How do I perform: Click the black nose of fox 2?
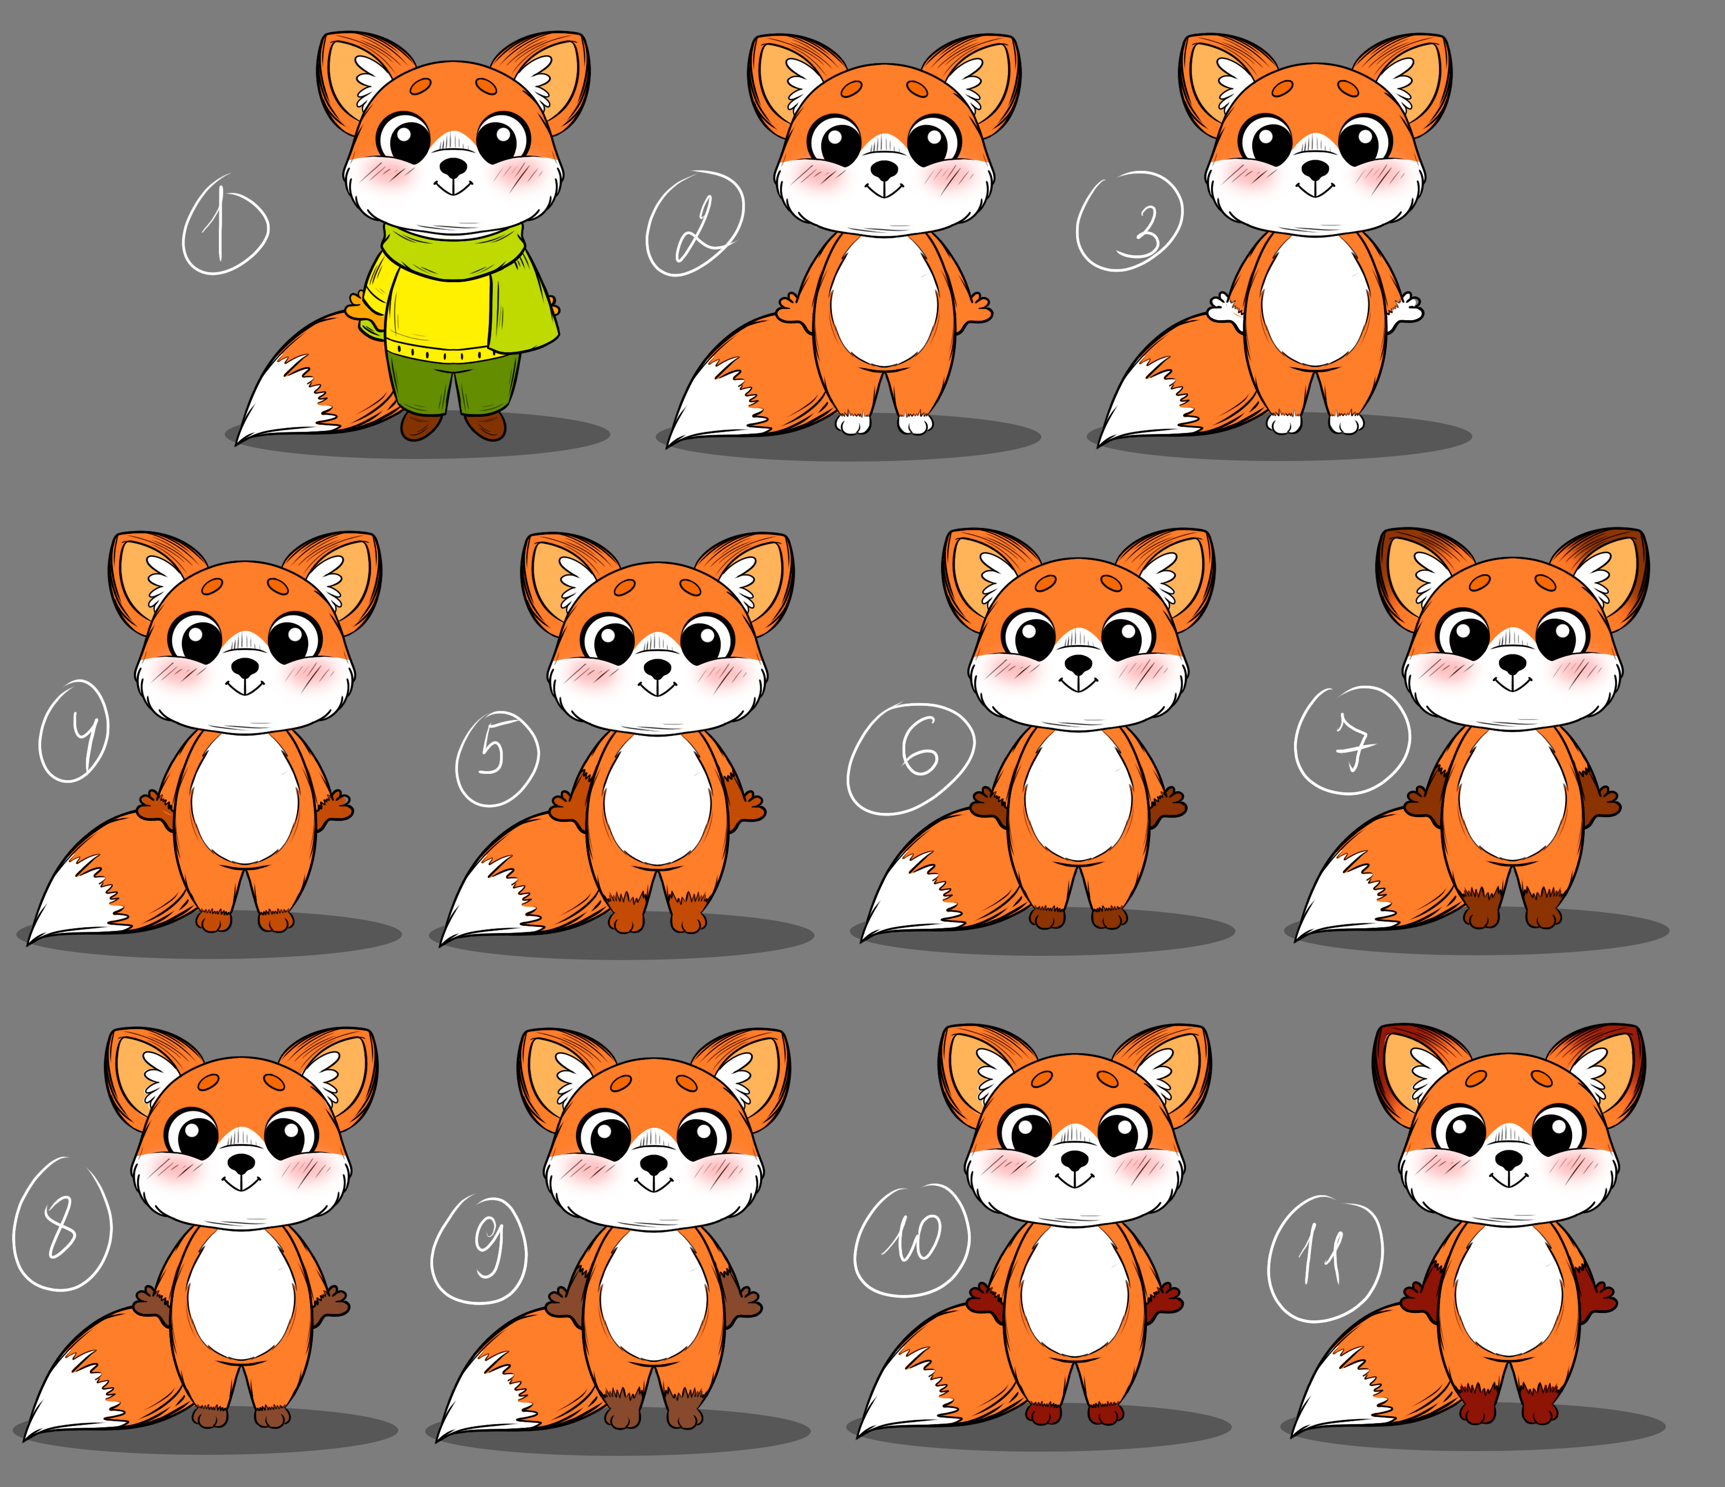pyautogui.click(x=884, y=171)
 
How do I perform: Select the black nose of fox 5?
pyautogui.click(x=658, y=668)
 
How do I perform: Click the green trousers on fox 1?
pyautogui.click(x=454, y=383)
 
